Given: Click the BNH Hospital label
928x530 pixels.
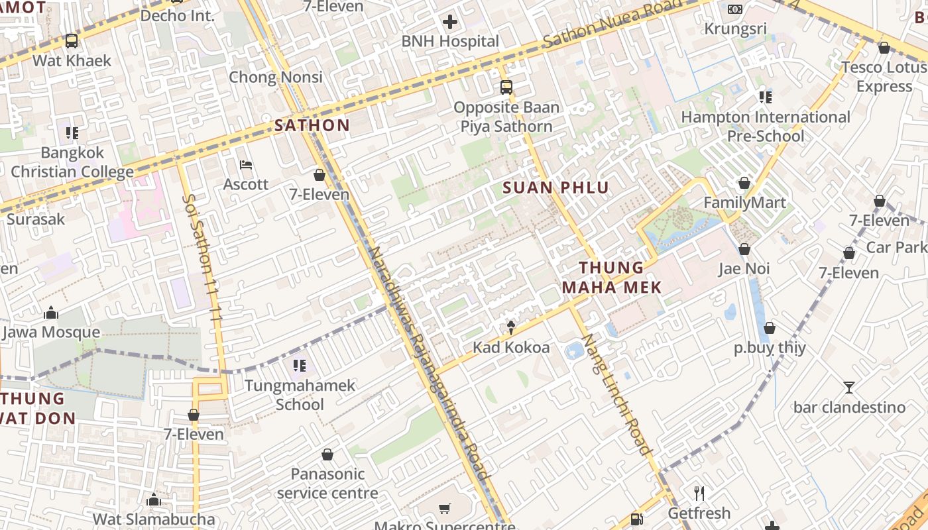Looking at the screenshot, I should click(450, 41).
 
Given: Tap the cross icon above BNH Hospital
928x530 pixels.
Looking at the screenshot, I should click(450, 23).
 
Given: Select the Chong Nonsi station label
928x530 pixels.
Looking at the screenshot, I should click(276, 77).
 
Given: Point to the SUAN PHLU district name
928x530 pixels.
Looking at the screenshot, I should click(555, 187).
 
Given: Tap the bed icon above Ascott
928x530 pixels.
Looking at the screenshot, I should click(246, 165).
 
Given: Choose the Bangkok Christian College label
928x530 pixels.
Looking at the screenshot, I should click(72, 162).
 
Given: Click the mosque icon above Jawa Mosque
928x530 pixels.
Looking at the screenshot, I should click(51, 313).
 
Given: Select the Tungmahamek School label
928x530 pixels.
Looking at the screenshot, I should click(300, 395).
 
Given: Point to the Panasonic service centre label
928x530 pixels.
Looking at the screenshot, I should click(327, 484).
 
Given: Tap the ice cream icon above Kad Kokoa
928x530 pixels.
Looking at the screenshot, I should click(511, 327).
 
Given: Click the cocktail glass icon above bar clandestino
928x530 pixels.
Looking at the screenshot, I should click(849, 388).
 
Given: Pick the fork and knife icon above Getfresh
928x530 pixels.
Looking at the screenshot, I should click(699, 494).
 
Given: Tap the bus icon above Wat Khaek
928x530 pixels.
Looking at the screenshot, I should click(72, 41).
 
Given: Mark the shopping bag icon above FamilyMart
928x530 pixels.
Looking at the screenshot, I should click(744, 183).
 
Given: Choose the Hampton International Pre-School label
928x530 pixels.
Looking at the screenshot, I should click(766, 127).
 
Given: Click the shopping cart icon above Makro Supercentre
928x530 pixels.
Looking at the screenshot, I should click(445, 509).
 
